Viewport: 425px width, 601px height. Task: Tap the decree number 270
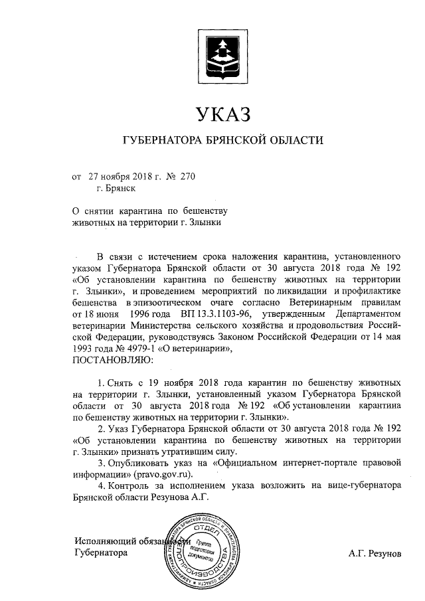click(x=189, y=177)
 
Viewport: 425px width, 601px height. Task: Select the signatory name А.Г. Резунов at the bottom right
click(x=375, y=553)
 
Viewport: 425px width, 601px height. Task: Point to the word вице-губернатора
click(x=363, y=486)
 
